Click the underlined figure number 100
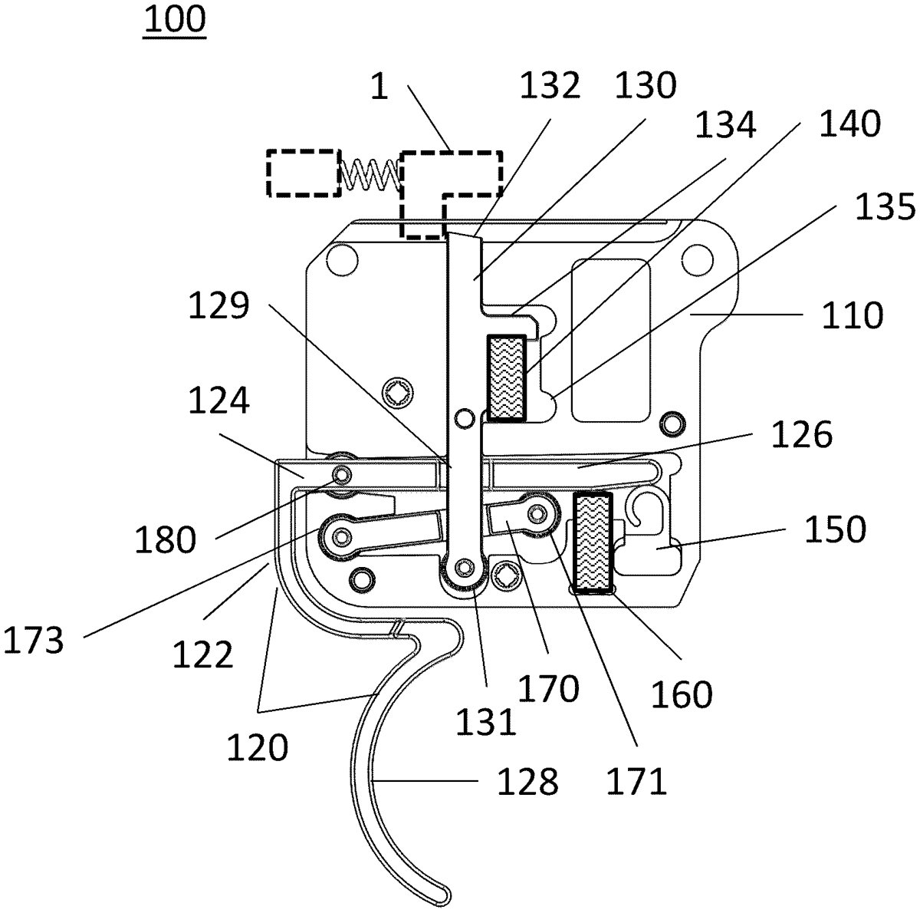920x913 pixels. point(175,20)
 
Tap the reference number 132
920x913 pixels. point(550,86)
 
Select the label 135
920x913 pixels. point(885,207)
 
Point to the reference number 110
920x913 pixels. point(853,315)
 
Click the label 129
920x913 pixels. point(219,306)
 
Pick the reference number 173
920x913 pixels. point(33,641)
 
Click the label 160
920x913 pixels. point(682,694)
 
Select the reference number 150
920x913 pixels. point(835,529)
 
